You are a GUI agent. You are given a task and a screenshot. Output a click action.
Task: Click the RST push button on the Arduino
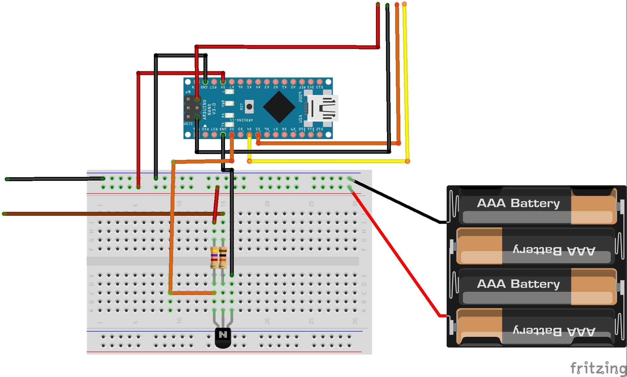click(x=249, y=106)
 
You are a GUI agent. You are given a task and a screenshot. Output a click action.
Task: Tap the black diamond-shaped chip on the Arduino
click(x=279, y=107)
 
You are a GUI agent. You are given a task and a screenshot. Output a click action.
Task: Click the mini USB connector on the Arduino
click(x=323, y=108)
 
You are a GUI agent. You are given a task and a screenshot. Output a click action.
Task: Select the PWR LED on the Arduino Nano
click(x=230, y=104)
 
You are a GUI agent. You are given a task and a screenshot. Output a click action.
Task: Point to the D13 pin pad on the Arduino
click(x=319, y=82)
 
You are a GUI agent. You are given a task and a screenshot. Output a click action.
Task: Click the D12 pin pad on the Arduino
click(x=319, y=134)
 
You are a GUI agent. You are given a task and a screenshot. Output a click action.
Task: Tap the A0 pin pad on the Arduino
click(x=293, y=82)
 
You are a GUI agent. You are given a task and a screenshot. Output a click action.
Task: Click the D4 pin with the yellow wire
click(x=249, y=134)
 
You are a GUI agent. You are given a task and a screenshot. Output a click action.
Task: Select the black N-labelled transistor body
click(x=223, y=337)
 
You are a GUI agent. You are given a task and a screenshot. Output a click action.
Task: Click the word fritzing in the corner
click(x=598, y=368)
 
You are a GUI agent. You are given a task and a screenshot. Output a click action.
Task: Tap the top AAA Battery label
click(x=518, y=203)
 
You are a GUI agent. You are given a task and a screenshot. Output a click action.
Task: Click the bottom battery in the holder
click(x=536, y=327)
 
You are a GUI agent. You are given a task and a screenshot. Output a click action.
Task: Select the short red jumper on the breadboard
click(x=216, y=204)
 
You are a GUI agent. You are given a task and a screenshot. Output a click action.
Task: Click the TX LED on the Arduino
click(x=230, y=125)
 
